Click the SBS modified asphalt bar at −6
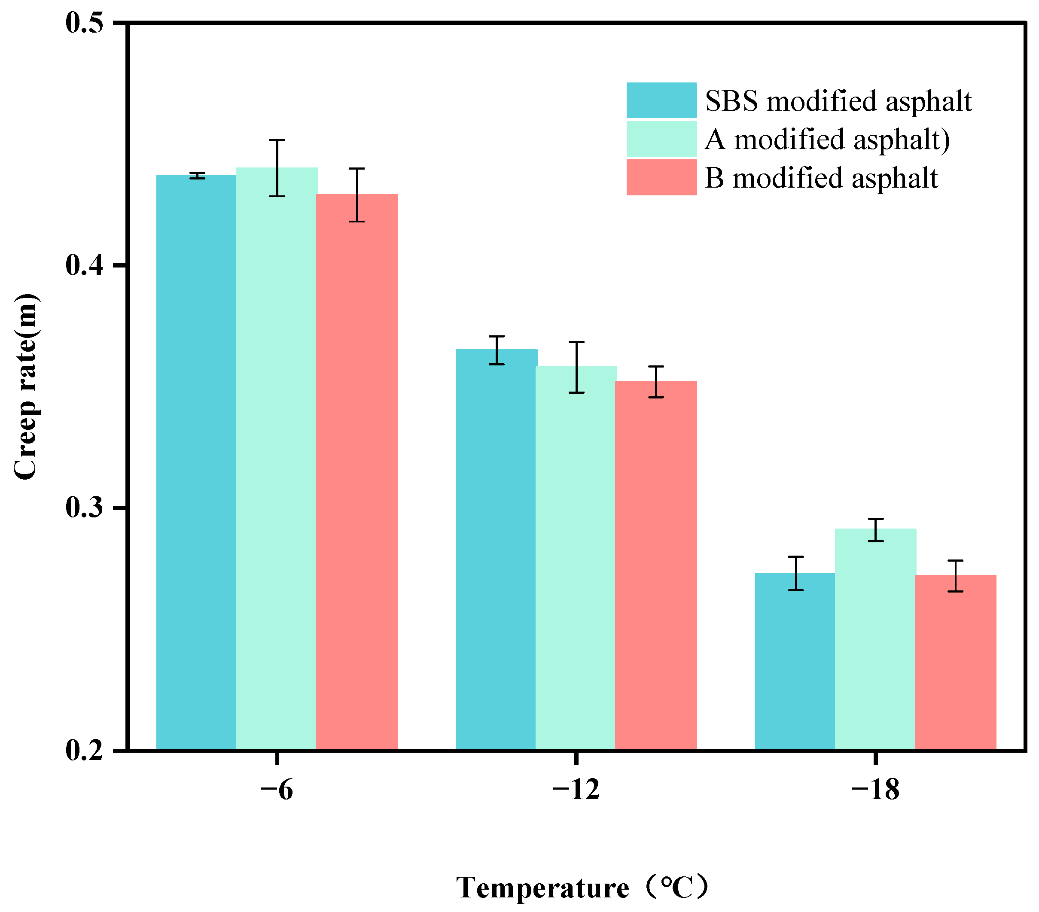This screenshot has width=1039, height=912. point(196,462)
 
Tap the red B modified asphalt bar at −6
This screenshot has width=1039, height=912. point(357,472)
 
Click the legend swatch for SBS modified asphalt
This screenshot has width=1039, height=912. point(661,100)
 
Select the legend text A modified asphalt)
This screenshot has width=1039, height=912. point(827,139)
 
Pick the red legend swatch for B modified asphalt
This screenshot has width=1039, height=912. point(661,177)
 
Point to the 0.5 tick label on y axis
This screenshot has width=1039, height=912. point(84,23)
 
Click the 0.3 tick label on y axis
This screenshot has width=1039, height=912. point(84,508)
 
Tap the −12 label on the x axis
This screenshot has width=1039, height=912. point(576,790)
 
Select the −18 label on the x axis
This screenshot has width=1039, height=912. point(875,790)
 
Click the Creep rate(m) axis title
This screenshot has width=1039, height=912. point(25,386)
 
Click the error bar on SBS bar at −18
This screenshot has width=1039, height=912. point(795,574)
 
